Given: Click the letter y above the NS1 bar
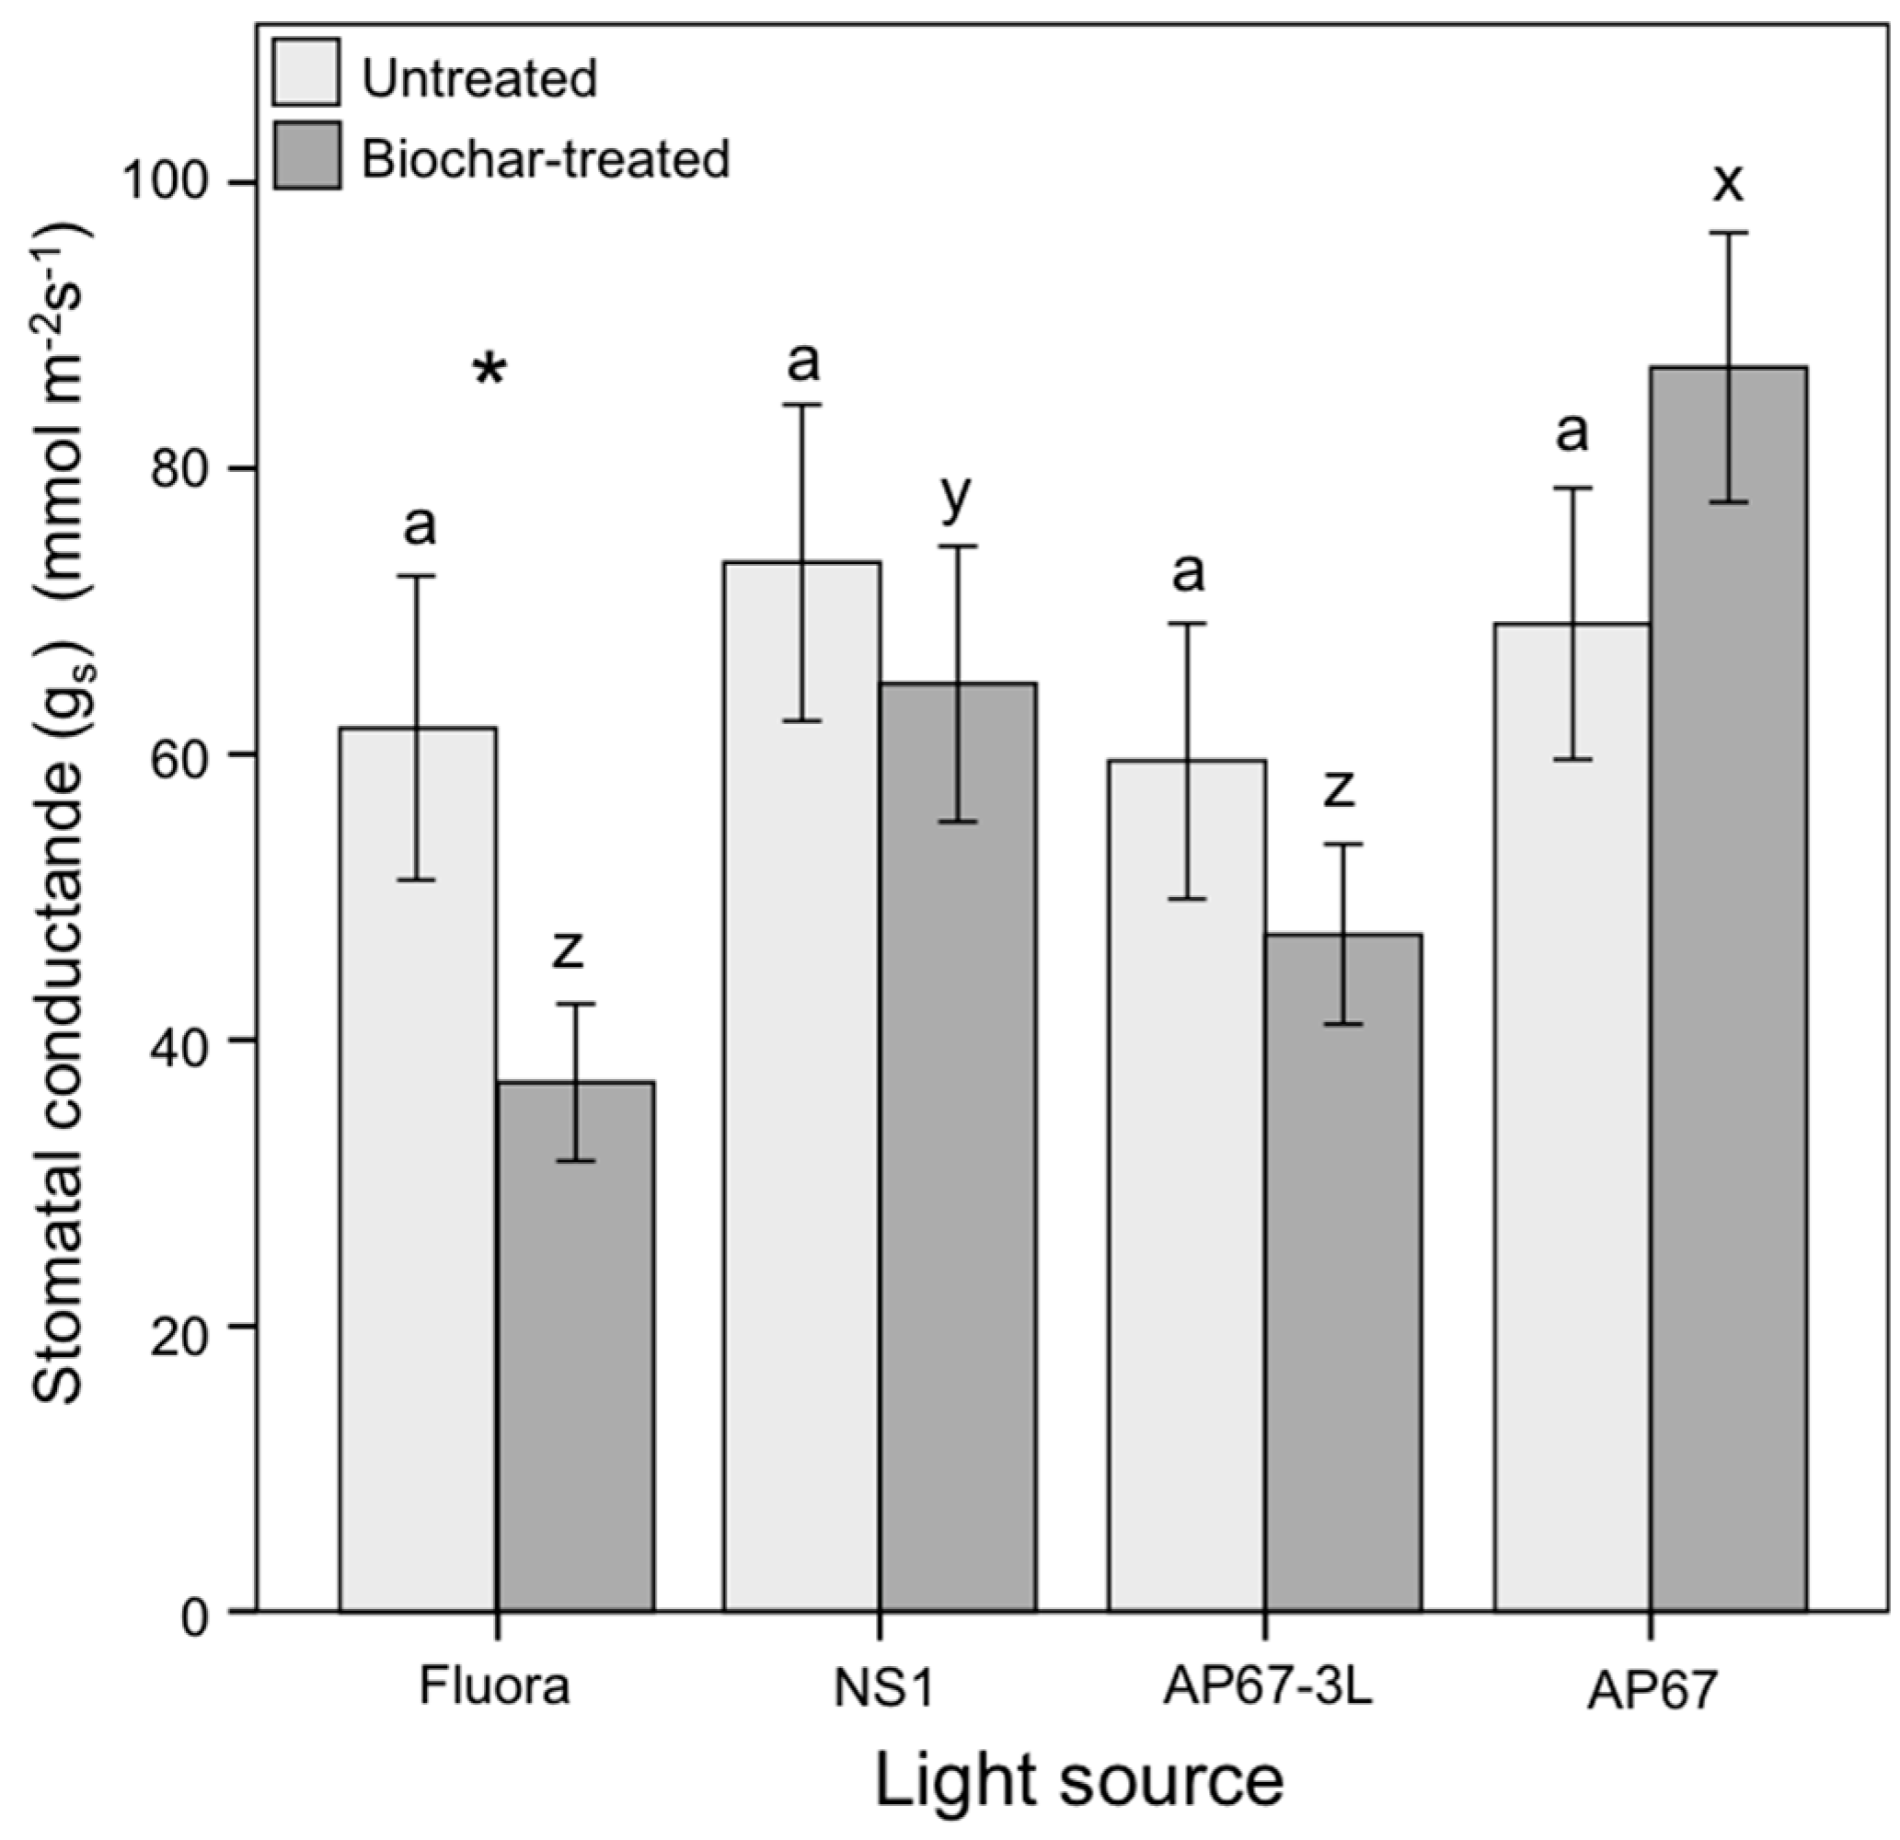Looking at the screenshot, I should pos(956,498).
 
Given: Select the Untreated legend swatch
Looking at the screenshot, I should pos(306,72).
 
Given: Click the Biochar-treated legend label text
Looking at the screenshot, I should pos(546,158).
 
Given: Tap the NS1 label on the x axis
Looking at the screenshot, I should pos(883,1688).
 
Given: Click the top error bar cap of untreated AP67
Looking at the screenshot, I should pos(1572,489).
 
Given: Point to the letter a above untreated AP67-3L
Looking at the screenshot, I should pos(1189,572).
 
